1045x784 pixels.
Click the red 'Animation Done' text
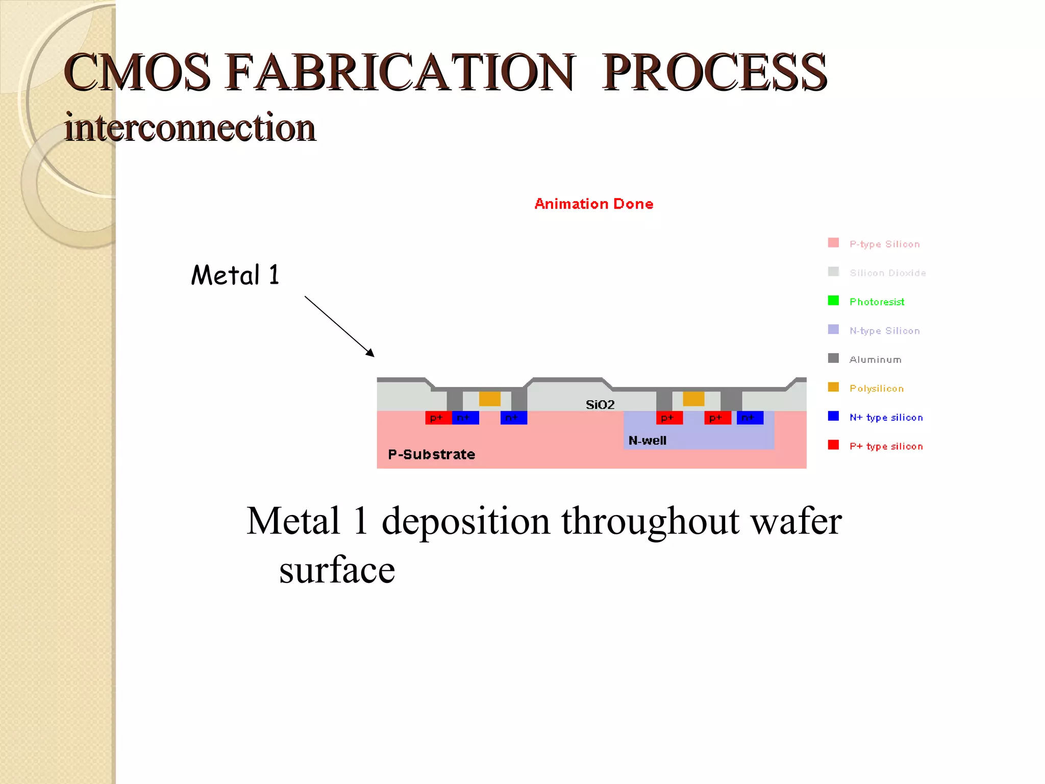click(x=593, y=204)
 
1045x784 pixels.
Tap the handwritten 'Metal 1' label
click(x=235, y=275)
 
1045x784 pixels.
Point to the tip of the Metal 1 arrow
click(x=373, y=356)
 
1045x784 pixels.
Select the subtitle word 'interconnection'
click(x=190, y=127)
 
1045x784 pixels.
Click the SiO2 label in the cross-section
click(x=600, y=405)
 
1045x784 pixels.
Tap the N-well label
click(x=647, y=440)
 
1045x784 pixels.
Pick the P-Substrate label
click(x=431, y=454)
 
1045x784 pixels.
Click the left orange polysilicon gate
click(x=490, y=399)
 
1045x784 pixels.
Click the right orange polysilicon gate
click(x=693, y=399)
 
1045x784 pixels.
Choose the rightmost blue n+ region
click(x=750, y=418)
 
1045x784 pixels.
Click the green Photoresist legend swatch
click(x=833, y=300)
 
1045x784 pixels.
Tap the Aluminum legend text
click(x=875, y=360)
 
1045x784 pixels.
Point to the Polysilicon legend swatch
click(x=833, y=387)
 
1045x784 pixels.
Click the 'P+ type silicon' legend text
click(x=886, y=447)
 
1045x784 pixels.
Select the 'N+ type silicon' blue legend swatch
click(x=833, y=416)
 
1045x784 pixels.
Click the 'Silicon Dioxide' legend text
click(x=887, y=273)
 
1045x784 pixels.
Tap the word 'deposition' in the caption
click(x=466, y=521)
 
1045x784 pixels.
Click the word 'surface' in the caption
click(x=337, y=570)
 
